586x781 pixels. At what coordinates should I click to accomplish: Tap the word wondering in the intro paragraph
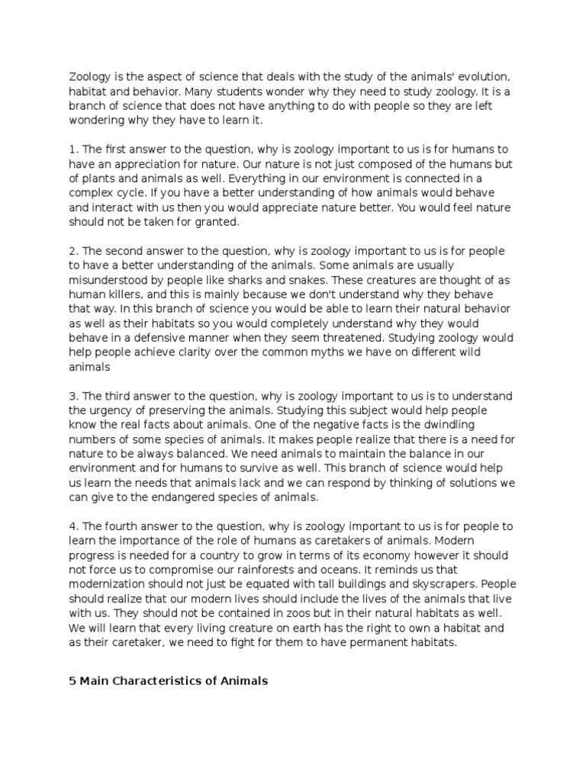point(98,121)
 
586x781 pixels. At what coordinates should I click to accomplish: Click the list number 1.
point(72,149)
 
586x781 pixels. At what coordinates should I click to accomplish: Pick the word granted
point(216,222)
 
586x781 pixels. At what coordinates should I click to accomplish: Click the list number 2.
point(72,251)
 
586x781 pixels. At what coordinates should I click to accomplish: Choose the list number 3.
point(72,396)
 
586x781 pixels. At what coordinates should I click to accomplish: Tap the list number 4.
point(72,526)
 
